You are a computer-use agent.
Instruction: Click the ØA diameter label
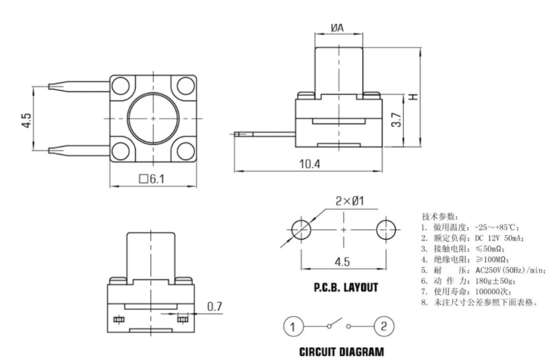point(337,28)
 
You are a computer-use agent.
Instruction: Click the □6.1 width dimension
point(152,179)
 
